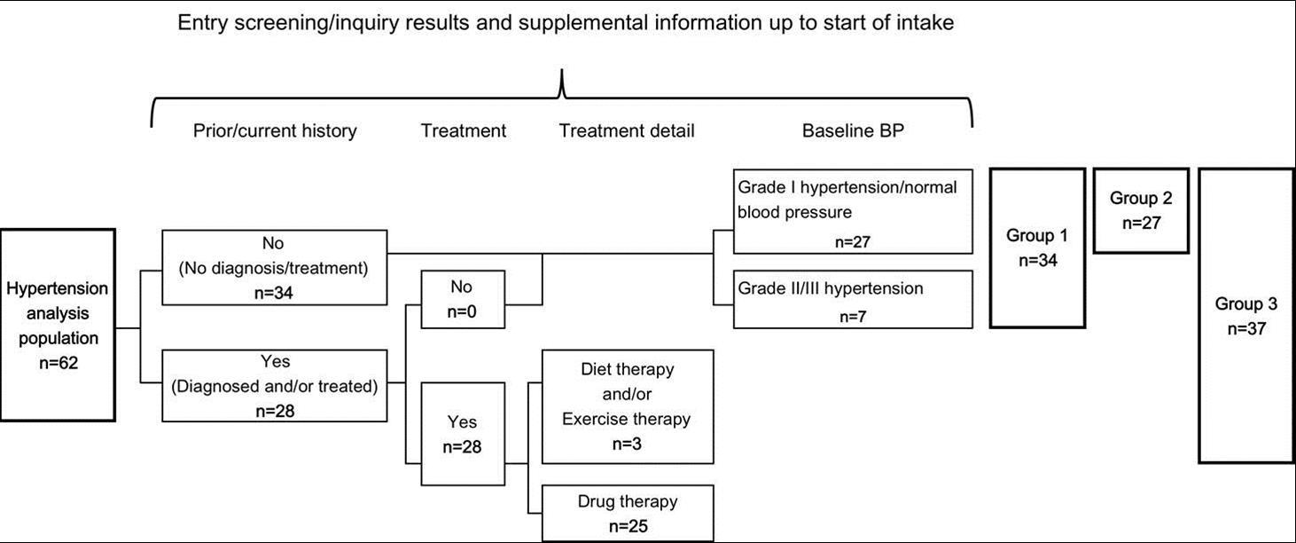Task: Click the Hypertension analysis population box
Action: [x=59, y=325]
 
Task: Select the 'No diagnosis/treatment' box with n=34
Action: [x=275, y=267]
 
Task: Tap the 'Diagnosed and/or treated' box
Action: [x=275, y=385]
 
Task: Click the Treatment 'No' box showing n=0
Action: [x=463, y=300]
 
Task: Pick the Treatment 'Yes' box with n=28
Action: [x=463, y=434]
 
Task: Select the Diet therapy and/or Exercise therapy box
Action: [x=627, y=406]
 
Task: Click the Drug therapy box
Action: [x=627, y=513]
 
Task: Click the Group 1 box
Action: [x=1037, y=248]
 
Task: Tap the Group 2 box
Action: [x=1141, y=210]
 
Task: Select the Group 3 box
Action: [x=1245, y=315]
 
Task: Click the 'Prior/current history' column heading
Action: [x=275, y=131]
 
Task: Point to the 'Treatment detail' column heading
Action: [x=627, y=131]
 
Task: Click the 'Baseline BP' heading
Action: [x=854, y=131]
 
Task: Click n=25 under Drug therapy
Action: [x=627, y=526]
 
